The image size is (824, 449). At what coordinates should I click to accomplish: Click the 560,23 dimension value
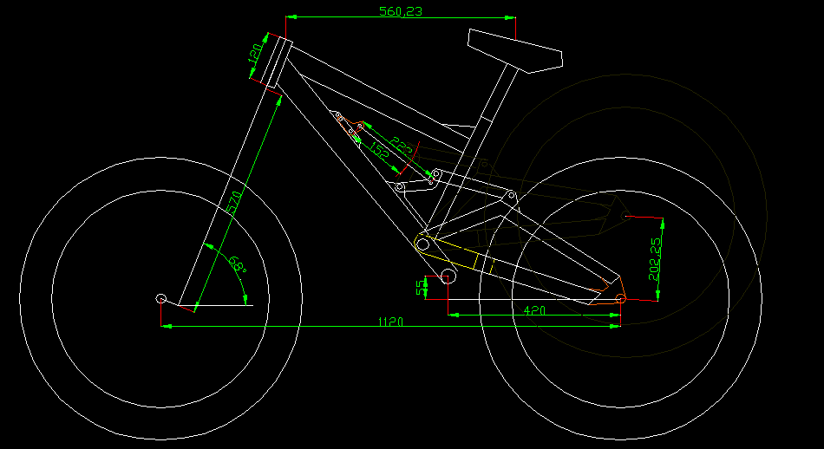click(x=401, y=11)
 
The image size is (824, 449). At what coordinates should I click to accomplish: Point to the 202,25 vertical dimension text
click(x=655, y=259)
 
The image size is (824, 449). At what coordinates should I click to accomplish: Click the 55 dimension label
click(x=422, y=287)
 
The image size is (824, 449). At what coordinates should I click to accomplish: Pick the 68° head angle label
click(x=238, y=264)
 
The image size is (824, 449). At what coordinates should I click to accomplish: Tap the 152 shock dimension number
click(x=379, y=149)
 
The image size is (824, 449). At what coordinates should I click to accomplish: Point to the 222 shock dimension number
click(x=401, y=146)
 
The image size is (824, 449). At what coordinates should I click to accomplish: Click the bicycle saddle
click(x=515, y=51)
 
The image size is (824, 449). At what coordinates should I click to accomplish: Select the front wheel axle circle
click(x=161, y=299)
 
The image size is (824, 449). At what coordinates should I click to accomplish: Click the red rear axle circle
click(x=621, y=299)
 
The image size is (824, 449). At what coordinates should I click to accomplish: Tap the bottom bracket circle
click(x=449, y=277)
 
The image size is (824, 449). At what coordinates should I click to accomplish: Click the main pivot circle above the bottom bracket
click(x=422, y=245)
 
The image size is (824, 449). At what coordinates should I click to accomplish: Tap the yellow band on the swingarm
click(x=481, y=259)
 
